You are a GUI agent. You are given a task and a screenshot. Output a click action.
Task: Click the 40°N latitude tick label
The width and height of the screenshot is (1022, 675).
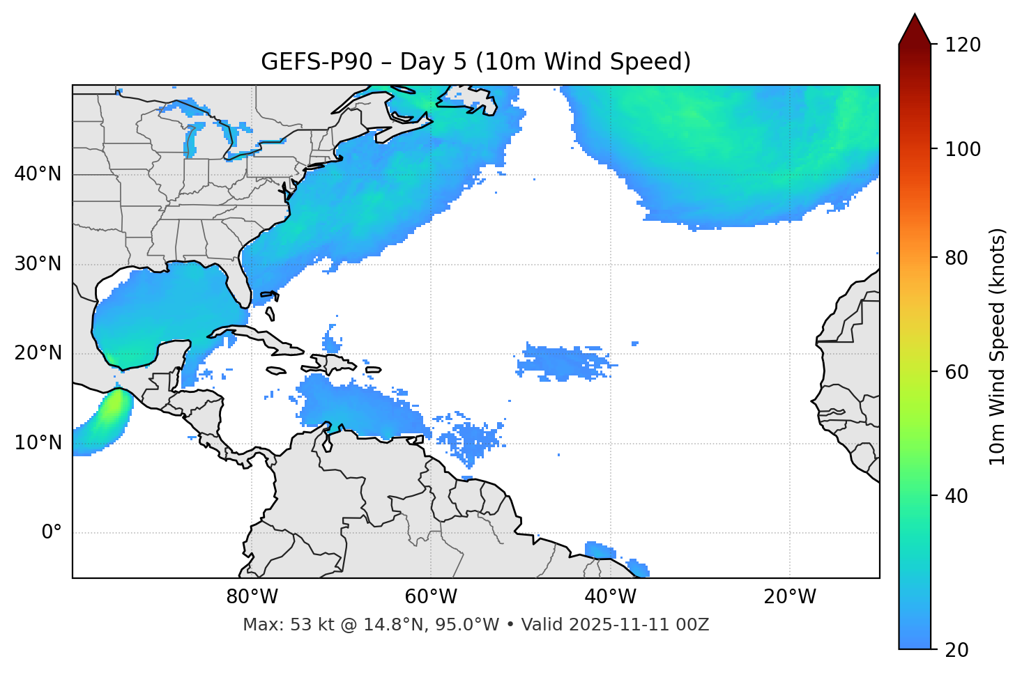click(38, 174)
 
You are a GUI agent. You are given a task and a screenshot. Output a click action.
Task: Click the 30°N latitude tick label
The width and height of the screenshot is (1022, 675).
click(38, 264)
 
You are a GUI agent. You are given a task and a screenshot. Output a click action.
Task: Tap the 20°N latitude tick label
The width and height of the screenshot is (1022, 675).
click(38, 353)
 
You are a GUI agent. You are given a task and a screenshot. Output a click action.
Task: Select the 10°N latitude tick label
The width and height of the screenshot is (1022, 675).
click(38, 443)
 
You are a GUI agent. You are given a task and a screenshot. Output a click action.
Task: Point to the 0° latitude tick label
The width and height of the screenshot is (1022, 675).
click(52, 533)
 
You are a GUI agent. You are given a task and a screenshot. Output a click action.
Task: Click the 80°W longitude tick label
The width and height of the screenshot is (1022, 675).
click(252, 597)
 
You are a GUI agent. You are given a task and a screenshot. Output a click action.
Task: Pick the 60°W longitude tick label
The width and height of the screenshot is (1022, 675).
click(431, 597)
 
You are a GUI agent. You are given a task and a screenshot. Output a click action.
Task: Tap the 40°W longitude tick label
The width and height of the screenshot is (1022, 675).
click(610, 597)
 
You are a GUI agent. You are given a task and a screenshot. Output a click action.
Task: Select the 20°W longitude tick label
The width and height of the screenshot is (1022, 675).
click(790, 597)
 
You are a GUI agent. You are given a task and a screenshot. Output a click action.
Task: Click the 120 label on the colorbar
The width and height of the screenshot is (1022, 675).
click(963, 45)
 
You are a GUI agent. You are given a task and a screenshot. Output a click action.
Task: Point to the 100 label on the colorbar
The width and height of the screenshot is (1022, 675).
click(963, 149)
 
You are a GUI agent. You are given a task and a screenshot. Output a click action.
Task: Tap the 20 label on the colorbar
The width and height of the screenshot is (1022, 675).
click(956, 650)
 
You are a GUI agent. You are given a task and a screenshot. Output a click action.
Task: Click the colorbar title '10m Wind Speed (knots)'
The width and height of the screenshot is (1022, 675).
click(998, 346)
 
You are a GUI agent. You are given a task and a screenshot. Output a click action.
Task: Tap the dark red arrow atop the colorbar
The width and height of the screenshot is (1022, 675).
click(915, 29)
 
